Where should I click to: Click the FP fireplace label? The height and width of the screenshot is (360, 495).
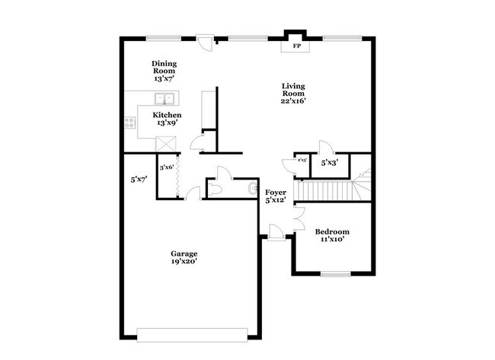[296, 46]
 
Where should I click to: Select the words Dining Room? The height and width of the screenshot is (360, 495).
[163, 68]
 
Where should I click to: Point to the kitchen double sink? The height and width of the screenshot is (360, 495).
[164, 98]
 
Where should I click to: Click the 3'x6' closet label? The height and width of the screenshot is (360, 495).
[166, 167]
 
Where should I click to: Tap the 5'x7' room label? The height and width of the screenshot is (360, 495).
[139, 180]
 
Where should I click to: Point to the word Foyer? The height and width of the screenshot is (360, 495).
[274, 193]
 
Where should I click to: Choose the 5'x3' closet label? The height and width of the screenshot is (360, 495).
[329, 163]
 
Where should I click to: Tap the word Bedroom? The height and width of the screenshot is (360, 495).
[333, 231]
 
